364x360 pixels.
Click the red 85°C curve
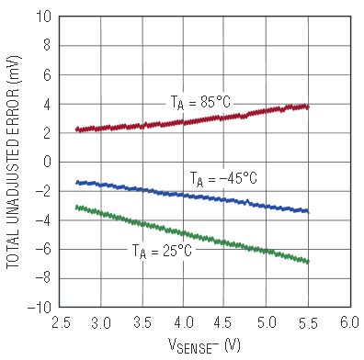pyautogui.click(x=192, y=120)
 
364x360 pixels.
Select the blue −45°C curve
pyautogui.click(x=192, y=196)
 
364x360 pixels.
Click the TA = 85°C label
pyautogui.click(x=200, y=103)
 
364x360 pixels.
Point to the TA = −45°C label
pyautogui.click(x=223, y=178)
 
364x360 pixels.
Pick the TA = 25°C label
pyautogui.click(x=162, y=252)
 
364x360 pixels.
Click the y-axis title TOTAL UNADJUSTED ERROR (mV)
pyautogui.click(x=13, y=163)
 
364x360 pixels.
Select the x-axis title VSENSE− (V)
pyautogui.click(x=204, y=345)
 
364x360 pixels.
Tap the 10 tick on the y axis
pyautogui.click(x=43, y=17)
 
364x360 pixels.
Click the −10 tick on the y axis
pyautogui.click(x=40, y=307)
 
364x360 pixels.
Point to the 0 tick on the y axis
pyautogui.click(x=47, y=162)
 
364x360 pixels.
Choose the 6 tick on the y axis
pyautogui.click(x=47, y=74)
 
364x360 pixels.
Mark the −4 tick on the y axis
pyautogui.click(x=43, y=219)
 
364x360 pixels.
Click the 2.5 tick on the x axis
pyautogui.click(x=60, y=322)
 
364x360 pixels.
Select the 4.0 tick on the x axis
pyautogui.click(x=183, y=322)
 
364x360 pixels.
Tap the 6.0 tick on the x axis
pyautogui.click(x=349, y=322)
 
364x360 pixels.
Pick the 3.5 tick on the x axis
pyautogui.click(x=142, y=322)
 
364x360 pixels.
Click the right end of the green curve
pyautogui.click(x=308, y=262)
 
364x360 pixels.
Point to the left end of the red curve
pyautogui.click(x=77, y=129)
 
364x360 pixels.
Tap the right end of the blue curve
pyautogui.click(x=308, y=211)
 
